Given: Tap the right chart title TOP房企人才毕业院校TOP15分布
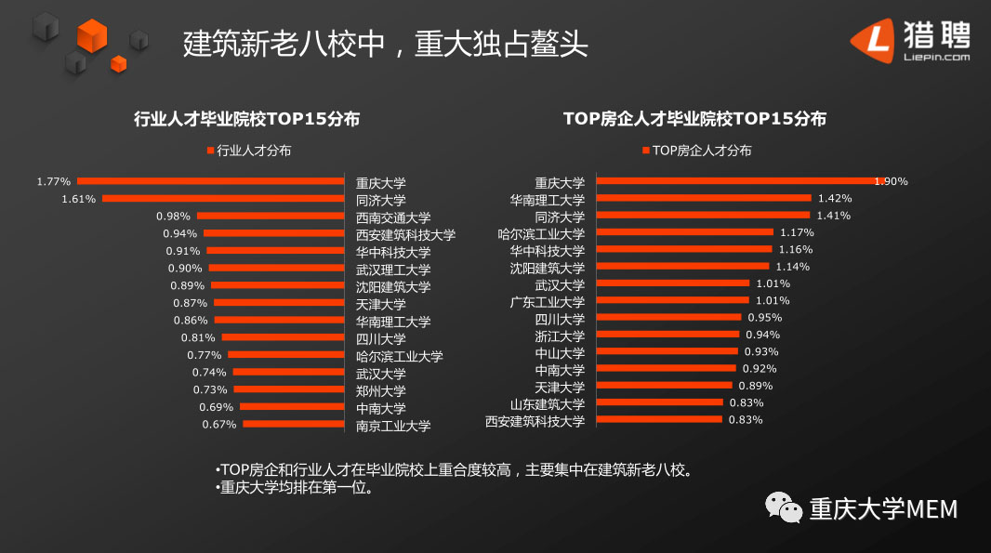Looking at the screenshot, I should pyautogui.click(x=694, y=119).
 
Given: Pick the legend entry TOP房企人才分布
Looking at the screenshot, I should pyautogui.click(x=696, y=151).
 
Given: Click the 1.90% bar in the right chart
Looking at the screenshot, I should pyautogui.click(x=734, y=181).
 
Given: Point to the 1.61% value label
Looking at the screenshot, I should pyautogui.click(x=78, y=199).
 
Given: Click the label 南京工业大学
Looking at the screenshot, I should pyautogui.click(x=393, y=426).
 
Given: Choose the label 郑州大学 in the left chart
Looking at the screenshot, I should pyautogui.click(x=381, y=390).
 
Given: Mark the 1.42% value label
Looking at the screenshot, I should pyautogui.click(x=834, y=198).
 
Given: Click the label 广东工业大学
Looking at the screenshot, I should pyautogui.click(x=548, y=302).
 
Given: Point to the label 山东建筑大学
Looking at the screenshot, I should pyautogui.click(x=548, y=403).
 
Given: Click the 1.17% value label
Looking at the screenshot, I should pyautogui.click(x=797, y=232).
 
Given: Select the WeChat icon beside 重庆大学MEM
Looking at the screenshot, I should pyautogui.click(x=784, y=507).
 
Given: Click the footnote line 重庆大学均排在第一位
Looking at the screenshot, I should pyautogui.click(x=295, y=487).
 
